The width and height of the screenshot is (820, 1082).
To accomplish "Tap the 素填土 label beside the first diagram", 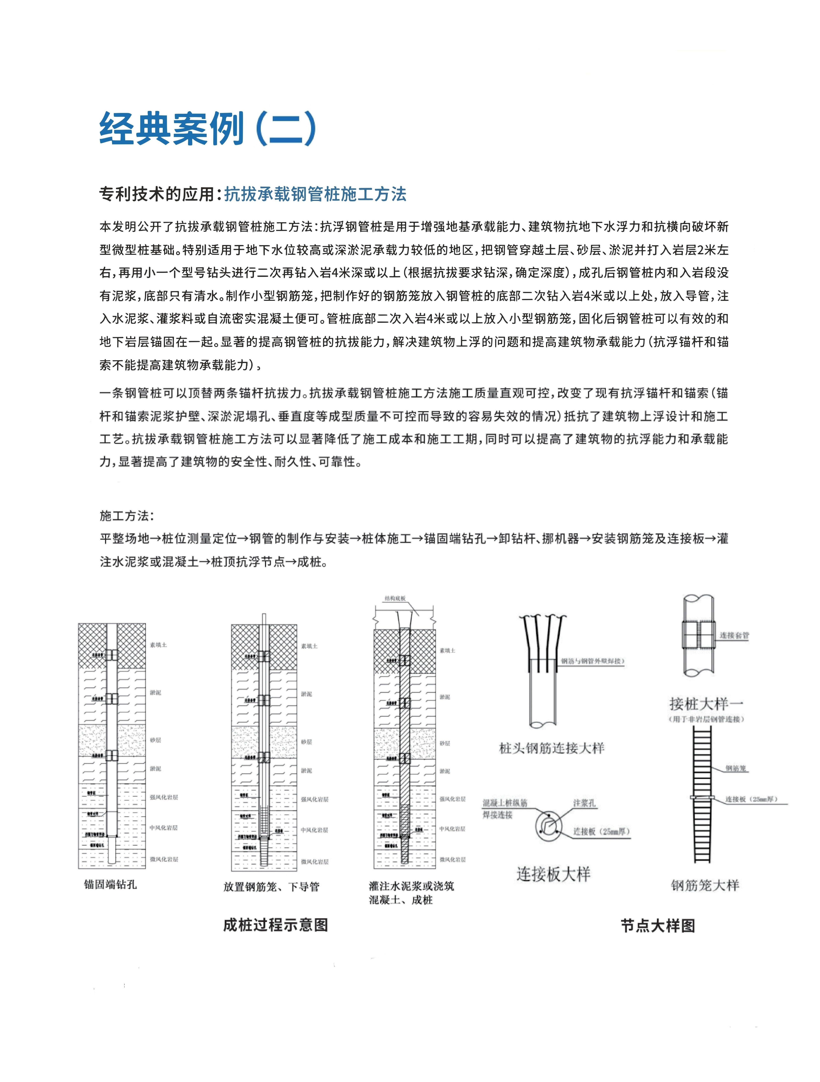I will point(158,645).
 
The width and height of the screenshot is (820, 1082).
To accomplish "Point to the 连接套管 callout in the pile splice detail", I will point(734,635).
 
